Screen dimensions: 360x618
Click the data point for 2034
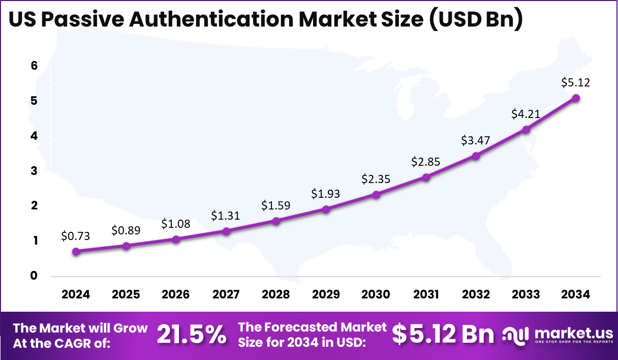pos(576,98)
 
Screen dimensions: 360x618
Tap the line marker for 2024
pos(76,251)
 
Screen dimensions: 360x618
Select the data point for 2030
pos(376,194)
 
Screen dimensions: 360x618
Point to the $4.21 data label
pos(526,114)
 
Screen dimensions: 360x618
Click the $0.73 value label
pos(76,235)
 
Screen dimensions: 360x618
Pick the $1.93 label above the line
pos(326,194)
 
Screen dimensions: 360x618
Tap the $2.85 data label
pos(426,162)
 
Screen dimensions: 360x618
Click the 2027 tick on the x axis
pos(226,294)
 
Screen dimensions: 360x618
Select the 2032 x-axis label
pos(476,294)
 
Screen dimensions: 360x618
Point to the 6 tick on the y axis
pos(34,66)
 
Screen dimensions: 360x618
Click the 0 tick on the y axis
pos(34,276)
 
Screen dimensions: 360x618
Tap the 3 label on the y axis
pos(34,171)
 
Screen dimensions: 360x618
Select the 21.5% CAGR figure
pos(191,335)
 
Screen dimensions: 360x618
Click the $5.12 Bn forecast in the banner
pos(443,335)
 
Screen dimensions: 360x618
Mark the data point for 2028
pos(276,221)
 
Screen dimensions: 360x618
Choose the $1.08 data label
pos(176,223)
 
